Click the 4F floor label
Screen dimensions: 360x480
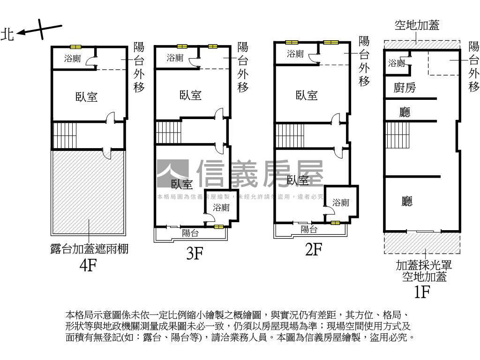click(x=88, y=266)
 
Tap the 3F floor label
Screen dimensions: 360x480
click(x=194, y=254)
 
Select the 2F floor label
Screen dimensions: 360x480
click(x=313, y=249)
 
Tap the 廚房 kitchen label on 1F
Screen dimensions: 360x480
click(x=405, y=88)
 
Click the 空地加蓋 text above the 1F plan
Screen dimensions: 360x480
click(x=417, y=25)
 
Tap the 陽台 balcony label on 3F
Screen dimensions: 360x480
click(x=190, y=233)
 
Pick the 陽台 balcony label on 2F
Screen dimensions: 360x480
click(x=309, y=229)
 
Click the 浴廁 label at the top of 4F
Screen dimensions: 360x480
click(x=73, y=59)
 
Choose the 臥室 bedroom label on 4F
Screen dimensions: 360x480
click(x=87, y=97)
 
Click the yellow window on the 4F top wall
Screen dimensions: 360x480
click(x=76, y=47)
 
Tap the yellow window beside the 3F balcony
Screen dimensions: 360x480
click(x=218, y=227)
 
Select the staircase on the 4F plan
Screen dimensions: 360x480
click(x=64, y=135)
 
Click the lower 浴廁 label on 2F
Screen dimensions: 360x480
click(x=341, y=203)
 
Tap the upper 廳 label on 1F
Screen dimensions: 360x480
click(x=405, y=112)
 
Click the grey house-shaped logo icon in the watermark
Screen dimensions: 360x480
click(x=172, y=174)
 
